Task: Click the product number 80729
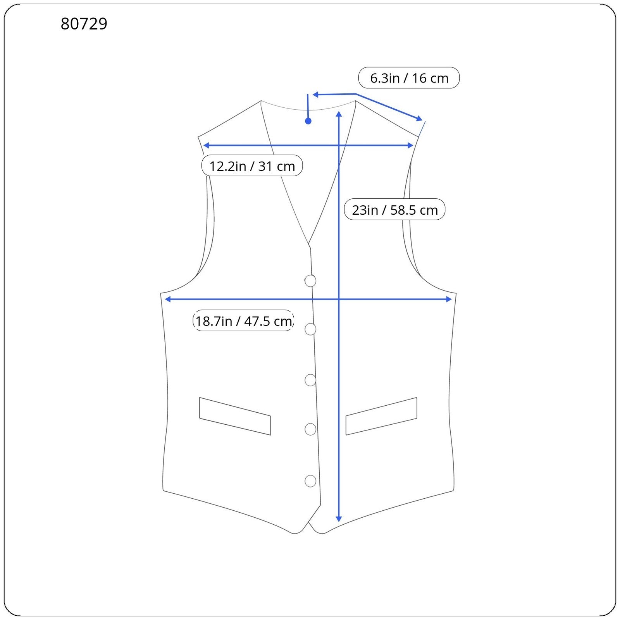[84, 24]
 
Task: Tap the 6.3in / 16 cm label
[409, 78]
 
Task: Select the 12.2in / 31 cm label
[252, 166]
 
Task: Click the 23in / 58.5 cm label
[394, 210]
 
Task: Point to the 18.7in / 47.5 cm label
[243, 321]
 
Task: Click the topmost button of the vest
[310, 281]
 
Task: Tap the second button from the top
[310, 329]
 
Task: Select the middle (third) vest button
[310, 380]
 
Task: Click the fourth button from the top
[310, 429]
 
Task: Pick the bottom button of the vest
[310, 481]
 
